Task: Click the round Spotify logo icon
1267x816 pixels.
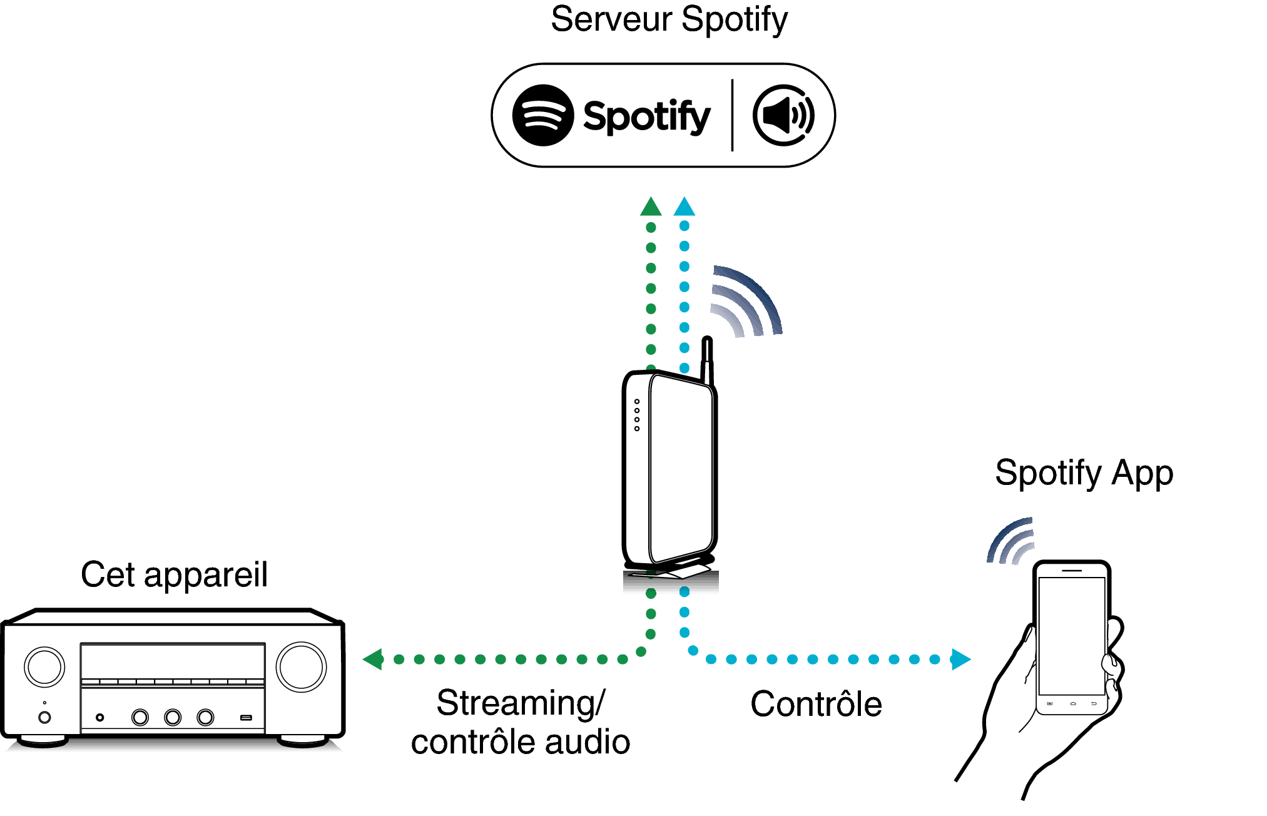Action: point(542,115)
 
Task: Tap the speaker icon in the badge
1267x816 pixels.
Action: point(783,115)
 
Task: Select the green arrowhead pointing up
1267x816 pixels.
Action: point(651,207)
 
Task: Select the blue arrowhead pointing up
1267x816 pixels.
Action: point(684,207)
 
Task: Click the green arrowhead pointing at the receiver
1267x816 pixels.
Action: point(374,659)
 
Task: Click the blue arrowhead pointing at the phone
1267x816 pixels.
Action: point(960,659)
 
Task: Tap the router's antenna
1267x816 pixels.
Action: point(707,360)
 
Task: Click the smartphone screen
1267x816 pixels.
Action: point(1071,635)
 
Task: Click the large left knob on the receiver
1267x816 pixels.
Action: point(44,666)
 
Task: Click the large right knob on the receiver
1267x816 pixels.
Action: point(301,666)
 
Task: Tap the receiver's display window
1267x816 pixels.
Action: point(173,661)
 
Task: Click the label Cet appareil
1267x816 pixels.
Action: point(174,574)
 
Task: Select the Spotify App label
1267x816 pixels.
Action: point(1084,473)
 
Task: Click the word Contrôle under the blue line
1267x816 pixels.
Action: point(816,704)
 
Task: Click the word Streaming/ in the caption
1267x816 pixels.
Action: point(521,703)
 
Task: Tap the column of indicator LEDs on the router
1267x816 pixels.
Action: point(637,415)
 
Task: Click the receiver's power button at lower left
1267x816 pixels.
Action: point(44,717)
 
